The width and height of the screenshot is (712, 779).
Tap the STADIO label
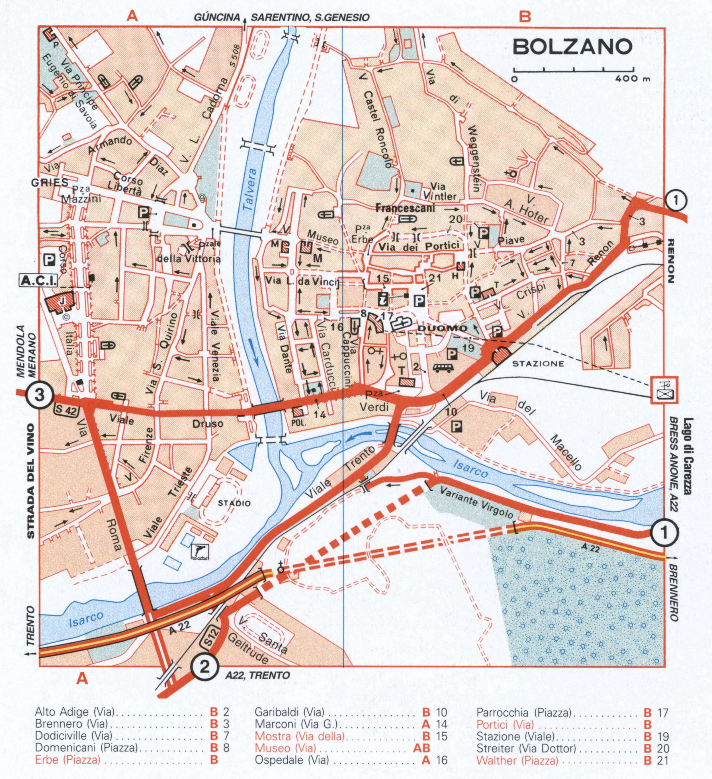point(234,503)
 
